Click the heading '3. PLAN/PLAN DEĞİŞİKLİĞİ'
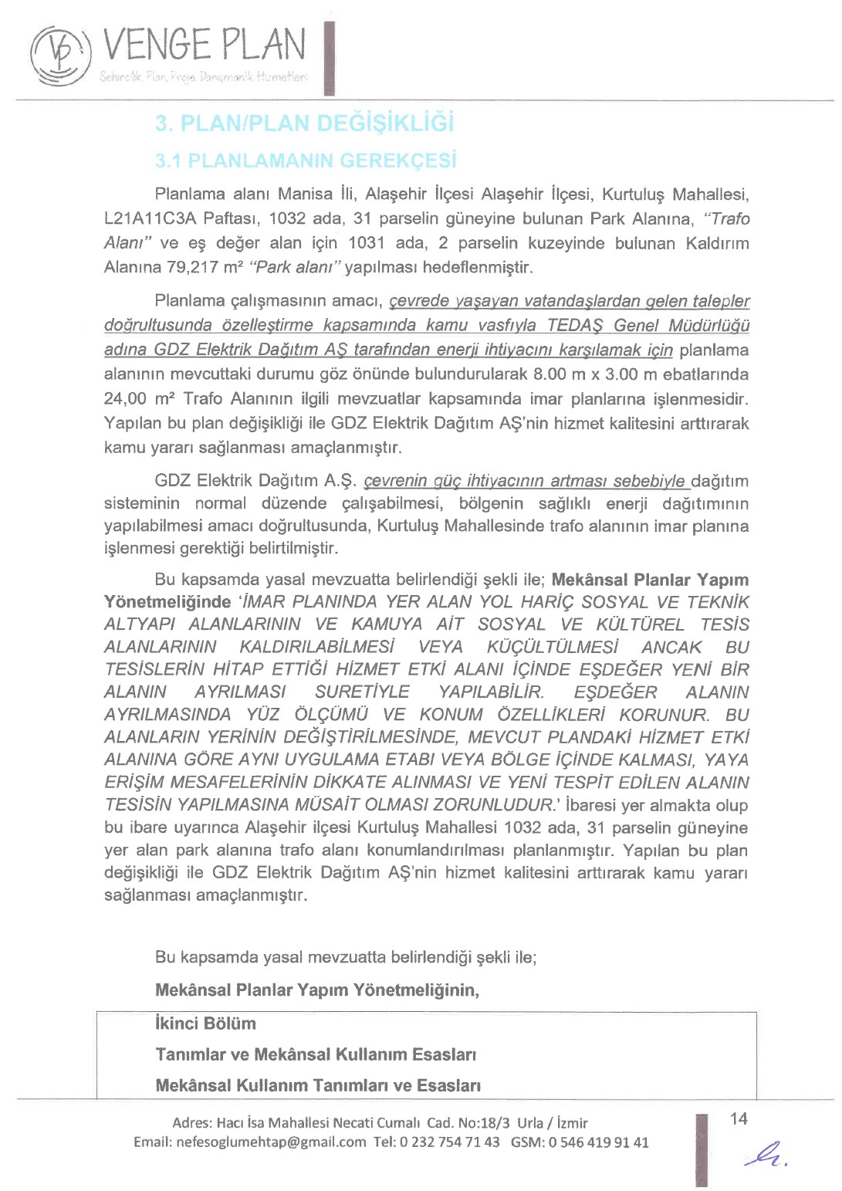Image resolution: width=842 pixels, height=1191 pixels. point(304,123)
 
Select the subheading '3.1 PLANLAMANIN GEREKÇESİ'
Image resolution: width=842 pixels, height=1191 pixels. point(306,161)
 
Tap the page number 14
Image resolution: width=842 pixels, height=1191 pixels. point(739,1118)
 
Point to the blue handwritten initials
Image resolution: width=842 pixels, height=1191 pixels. point(766,1152)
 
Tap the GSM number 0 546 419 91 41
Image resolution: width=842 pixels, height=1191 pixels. point(599,1142)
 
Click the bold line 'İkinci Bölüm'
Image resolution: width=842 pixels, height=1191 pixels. point(205,1024)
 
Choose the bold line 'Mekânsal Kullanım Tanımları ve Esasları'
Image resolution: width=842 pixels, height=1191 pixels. point(318,1085)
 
